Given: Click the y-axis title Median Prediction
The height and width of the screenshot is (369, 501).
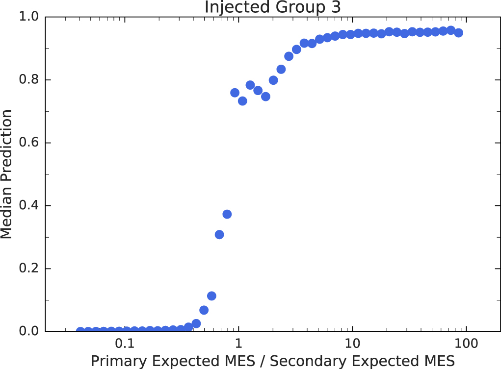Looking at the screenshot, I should pyautogui.click(x=7, y=174).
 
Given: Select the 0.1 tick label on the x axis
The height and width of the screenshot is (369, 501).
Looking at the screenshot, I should pyautogui.click(x=125, y=344).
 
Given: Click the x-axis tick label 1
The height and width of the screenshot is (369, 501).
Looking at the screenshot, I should pyautogui.click(x=238, y=344).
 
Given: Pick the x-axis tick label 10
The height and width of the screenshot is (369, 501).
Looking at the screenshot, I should pyautogui.click(x=352, y=344).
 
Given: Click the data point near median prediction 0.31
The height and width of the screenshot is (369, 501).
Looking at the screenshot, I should pyautogui.click(x=219, y=235).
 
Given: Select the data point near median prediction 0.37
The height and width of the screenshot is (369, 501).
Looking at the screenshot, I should pyautogui.click(x=227, y=214).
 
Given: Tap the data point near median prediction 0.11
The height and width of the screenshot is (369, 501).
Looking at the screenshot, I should pyautogui.click(x=211, y=296).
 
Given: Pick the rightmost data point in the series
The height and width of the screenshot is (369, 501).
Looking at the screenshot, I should pyautogui.click(x=459, y=33).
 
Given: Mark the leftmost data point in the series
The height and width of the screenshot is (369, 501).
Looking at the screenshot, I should pyautogui.click(x=80, y=331).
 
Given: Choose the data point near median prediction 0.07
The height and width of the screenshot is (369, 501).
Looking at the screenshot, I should pyautogui.click(x=204, y=310).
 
